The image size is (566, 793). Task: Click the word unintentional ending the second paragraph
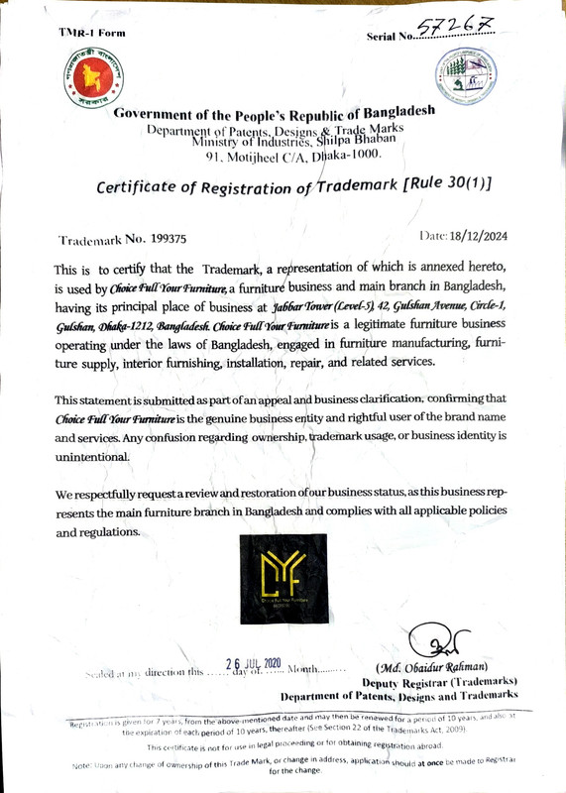tap(92, 456)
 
